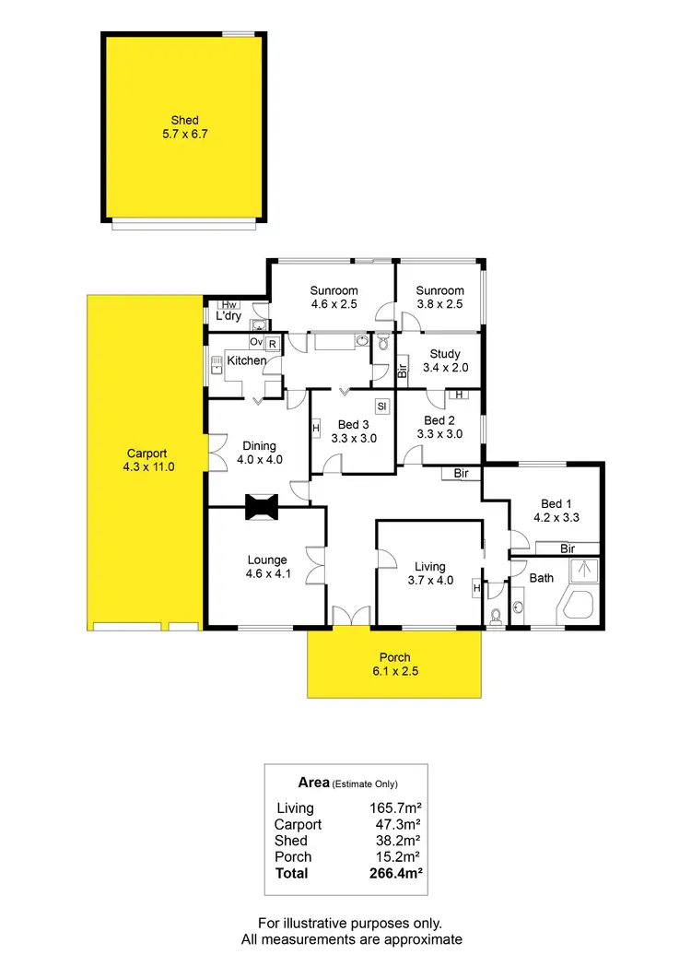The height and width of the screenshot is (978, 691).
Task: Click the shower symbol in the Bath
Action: click(582, 571)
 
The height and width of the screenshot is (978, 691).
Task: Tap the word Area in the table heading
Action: click(314, 783)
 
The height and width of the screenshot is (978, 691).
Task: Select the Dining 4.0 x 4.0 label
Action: click(260, 453)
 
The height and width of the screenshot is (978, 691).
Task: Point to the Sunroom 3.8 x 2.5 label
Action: click(439, 297)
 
